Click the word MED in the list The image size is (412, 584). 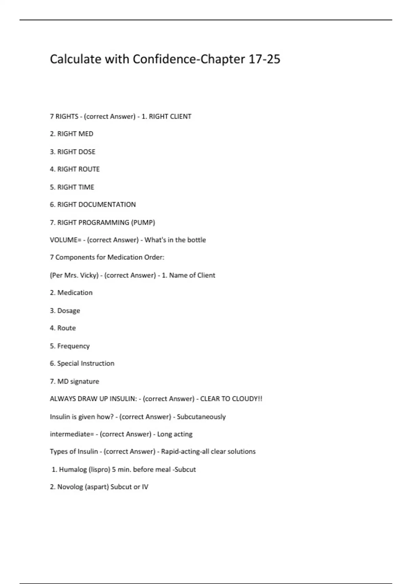click(86, 134)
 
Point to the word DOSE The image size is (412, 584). click(87, 152)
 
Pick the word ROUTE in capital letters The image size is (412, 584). click(89, 169)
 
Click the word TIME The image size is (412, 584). click(86, 187)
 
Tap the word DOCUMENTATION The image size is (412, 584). click(107, 205)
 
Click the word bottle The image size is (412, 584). click(197, 240)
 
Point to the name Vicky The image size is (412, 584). click(89, 276)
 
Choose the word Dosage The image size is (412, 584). click(69, 311)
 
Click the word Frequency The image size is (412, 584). click(73, 346)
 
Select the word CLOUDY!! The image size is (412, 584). click(247, 399)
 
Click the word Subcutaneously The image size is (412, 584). click(201, 417)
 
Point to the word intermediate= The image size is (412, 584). click(72, 434)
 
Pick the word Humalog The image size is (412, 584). click(73, 470)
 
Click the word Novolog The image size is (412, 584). click(70, 487)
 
